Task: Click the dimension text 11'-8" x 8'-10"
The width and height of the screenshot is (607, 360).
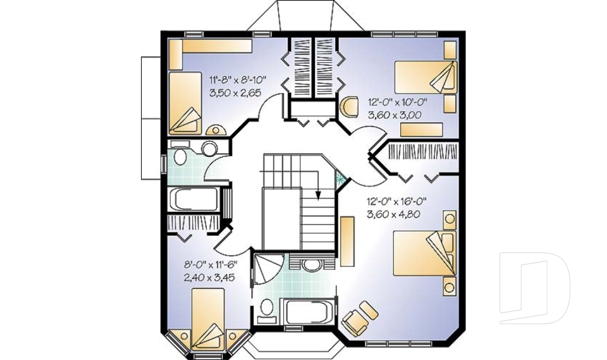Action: click(238, 80)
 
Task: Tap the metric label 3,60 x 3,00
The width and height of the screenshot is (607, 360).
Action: click(395, 115)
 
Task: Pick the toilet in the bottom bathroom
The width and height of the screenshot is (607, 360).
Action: click(267, 308)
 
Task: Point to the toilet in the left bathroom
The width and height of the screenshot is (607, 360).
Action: click(180, 156)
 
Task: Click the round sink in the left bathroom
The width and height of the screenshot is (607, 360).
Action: click(209, 149)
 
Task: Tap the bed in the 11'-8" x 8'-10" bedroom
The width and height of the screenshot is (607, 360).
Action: click(185, 101)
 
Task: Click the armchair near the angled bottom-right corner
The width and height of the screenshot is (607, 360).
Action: click(359, 316)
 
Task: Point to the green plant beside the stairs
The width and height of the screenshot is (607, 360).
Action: click(342, 178)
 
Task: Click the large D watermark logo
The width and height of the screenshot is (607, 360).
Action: click(534, 289)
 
